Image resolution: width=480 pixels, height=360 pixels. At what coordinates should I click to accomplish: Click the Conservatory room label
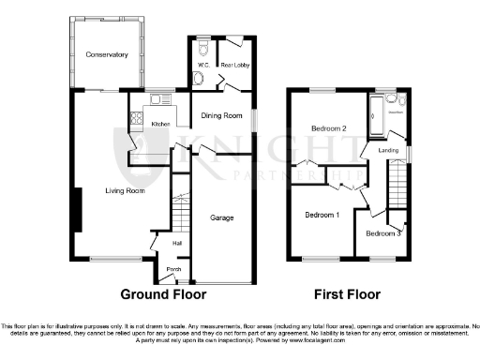click(x=106, y=55)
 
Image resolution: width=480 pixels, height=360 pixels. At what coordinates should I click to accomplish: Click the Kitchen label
click(x=160, y=124)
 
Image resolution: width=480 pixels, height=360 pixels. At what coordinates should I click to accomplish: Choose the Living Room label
click(x=124, y=191)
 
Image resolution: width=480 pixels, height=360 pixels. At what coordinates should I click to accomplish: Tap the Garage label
click(x=221, y=218)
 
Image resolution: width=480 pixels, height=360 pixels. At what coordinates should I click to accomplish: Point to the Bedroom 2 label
click(x=329, y=127)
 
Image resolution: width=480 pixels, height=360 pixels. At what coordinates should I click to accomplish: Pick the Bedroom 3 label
click(x=383, y=232)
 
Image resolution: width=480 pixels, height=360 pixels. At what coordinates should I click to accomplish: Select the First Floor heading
click(x=349, y=293)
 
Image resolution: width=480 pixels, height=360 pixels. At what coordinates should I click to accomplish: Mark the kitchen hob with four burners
click(x=137, y=119)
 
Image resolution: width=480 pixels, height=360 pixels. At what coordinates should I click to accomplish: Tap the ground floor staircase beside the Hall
click(x=179, y=215)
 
